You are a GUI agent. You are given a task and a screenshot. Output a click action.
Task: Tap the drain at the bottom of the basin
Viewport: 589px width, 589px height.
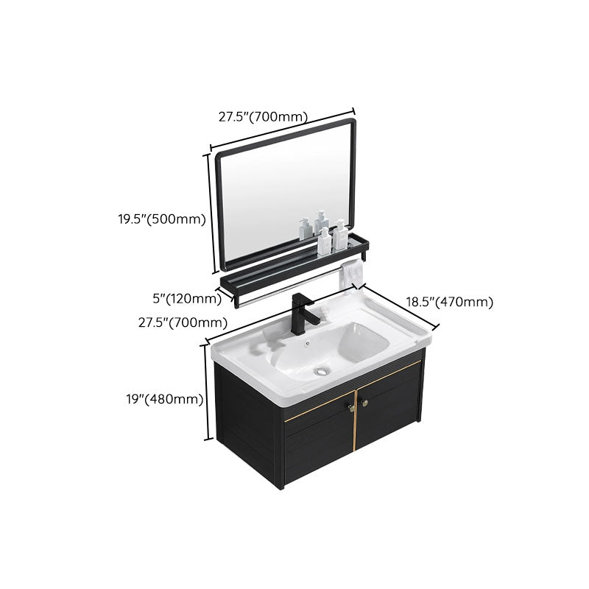[x=321, y=372]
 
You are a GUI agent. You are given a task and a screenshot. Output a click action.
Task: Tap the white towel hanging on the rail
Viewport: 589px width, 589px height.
[x=350, y=272]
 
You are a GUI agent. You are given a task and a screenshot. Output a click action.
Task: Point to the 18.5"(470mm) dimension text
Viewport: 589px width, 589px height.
[x=450, y=301]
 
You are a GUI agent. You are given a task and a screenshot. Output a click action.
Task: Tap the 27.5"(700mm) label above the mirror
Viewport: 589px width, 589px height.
[x=263, y=116]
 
